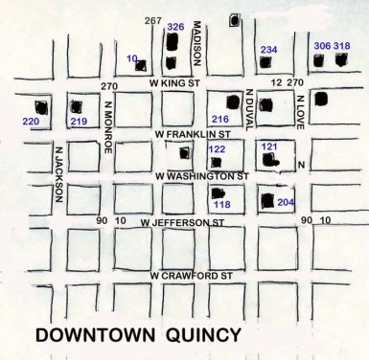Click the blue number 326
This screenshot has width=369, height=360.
tap(175, 26)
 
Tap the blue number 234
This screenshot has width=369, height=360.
tap(268, 50)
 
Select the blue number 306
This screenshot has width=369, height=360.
tap(322, 46)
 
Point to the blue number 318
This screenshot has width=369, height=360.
tap(341, 46)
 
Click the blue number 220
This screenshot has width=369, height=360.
tap(32, 122)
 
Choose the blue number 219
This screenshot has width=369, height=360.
tap(79, 122)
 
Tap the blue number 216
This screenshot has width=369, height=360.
tap(220, 119)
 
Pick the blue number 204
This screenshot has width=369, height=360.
tap(287, 202)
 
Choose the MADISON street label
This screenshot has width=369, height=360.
tap(195, 42)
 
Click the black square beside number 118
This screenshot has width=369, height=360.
tap(215, 192)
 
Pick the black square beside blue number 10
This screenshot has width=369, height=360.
tap(142, 66)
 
